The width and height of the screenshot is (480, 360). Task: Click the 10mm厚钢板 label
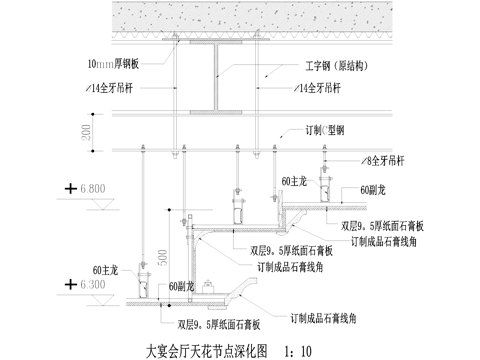[x=119, y=63]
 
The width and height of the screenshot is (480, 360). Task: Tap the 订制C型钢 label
[x=326, y=130]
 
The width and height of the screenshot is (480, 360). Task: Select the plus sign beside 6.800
[x=69, y=187]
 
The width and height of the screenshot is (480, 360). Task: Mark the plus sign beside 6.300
[x=69, y=284]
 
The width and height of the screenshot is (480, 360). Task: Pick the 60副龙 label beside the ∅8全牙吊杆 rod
[x=377, y=189]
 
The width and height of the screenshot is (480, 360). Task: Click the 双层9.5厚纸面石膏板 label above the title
[x=220, y=324]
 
